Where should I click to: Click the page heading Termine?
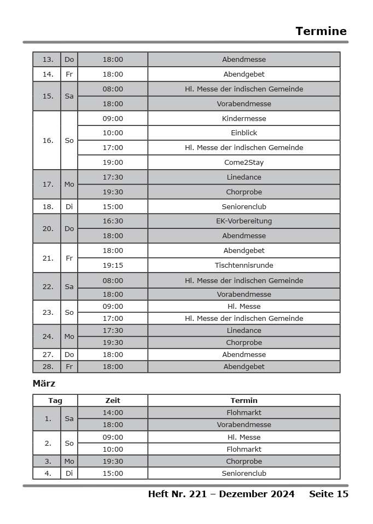click(321, 31)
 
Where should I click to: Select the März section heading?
click(44, 383)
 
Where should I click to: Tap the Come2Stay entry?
click(244, 162)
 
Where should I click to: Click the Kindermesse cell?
click(244, 118)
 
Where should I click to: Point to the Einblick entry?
click(244, 133)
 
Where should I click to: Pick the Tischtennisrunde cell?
click(244, 265)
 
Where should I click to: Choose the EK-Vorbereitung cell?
click(244, 221)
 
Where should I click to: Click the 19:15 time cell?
click(113, 265)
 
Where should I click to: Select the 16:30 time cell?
click(113, 221)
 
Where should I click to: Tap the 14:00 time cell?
click(113, 413)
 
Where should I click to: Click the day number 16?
click(48, 140)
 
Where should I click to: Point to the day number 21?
click(48, 258)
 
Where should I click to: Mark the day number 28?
click(48, 367)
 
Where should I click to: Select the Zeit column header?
click(113, 401)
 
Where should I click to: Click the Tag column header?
click(55, 401)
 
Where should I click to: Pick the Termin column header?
click(244, 401)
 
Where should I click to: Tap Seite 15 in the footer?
click(328, 494)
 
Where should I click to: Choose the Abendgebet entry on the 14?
click(244, 74)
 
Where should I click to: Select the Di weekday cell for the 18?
click(69, 206)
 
